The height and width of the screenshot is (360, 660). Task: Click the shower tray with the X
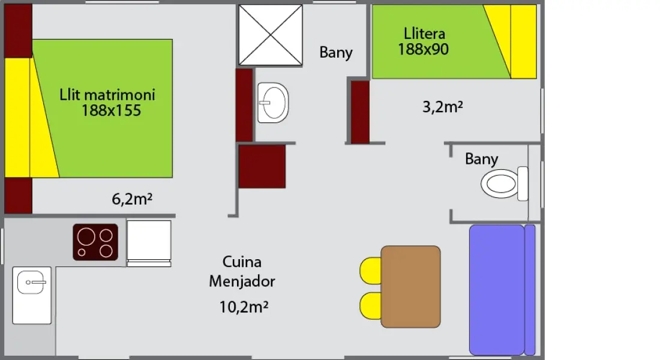[271, 35]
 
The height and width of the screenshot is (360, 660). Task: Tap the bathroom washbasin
[273, 103]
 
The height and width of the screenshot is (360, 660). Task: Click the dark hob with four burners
[95, 242]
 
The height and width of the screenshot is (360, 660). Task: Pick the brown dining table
[411, 287]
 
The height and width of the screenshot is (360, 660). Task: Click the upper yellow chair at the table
[370, 271]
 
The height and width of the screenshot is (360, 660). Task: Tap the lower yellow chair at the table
[370, 305]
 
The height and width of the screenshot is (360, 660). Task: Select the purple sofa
[502, 290]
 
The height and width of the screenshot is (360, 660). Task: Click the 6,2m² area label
[132, 199]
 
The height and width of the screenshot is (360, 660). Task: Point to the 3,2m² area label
[443, 107]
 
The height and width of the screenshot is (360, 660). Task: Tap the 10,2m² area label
[244, 307]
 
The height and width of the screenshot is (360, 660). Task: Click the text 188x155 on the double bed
[111, 110]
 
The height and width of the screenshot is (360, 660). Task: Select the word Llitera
[424, 33]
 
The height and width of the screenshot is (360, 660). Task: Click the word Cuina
[242, 262]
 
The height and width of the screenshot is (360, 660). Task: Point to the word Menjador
[242, 281]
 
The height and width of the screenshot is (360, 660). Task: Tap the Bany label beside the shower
[336, 53]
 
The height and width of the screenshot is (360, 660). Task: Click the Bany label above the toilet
[482, 159]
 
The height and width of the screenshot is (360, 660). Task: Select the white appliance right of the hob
[149, 244]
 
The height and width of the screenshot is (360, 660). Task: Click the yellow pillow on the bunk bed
[523, 41]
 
